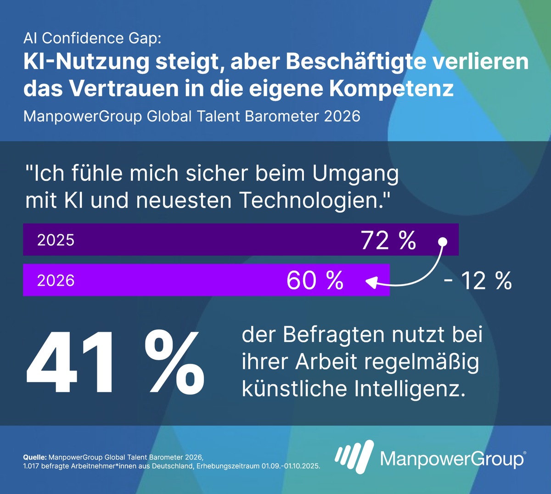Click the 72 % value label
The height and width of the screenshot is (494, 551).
[x=388, y=240]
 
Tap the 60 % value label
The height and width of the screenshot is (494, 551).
[x=315, y=280]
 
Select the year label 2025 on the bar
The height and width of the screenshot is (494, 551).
[x=56, y=240]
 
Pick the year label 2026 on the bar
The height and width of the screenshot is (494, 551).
[x=56, y=280]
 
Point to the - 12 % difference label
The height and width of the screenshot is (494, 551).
[x=478, y=281]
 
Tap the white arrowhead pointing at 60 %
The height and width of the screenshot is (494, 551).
[x=371, y=282]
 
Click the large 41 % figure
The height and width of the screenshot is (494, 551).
[x=115, y=363]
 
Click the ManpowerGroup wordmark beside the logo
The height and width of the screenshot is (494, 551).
[x=452, y=459]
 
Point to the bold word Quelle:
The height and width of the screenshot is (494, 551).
[x=35, y=457]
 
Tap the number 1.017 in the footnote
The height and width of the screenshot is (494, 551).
[x=31, y=466]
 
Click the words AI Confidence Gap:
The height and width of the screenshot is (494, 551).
[x=92, y=38]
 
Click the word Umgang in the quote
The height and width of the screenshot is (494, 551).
[x=355, y=174]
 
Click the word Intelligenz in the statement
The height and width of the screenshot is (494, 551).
[x=410, y=389]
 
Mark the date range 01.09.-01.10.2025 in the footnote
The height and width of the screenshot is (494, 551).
[x=291, y=466]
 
